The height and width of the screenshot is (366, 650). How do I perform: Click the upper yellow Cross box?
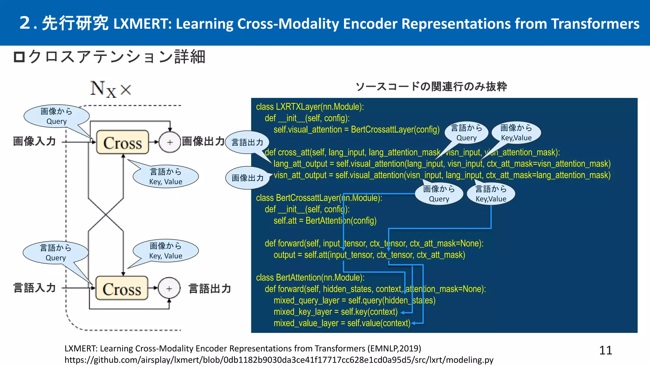(123, 142)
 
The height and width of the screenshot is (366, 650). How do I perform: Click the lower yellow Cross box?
(122, 288)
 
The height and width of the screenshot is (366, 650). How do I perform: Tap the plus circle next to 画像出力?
(170, 142)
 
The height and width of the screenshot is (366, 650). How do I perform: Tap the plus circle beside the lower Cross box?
(169, 288)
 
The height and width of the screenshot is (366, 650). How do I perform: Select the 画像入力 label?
(35, 141)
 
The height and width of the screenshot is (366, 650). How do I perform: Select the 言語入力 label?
(35, 288)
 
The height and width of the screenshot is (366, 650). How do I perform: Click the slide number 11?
(605, 350)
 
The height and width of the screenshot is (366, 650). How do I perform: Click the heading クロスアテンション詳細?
(110, 57)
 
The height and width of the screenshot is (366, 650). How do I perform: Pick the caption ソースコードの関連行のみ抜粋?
(431, 86)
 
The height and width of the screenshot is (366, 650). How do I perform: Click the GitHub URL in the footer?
(279, 360)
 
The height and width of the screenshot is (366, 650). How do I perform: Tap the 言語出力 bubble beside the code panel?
(247, 142)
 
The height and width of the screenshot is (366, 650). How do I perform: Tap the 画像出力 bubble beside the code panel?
(247, 178)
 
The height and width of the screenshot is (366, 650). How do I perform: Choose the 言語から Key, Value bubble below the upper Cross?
(166, 177)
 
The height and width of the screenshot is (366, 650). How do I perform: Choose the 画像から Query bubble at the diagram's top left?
(56, 116)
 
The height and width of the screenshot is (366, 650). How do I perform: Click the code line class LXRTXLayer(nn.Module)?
(310, 107)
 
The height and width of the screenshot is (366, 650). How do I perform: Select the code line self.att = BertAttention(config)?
(325, 220)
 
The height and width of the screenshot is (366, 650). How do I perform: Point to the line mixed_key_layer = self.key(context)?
(335, 312)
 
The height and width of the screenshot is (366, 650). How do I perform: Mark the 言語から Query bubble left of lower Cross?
(56, 253)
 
